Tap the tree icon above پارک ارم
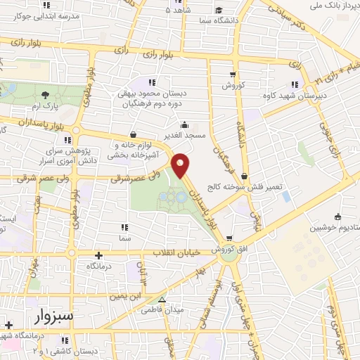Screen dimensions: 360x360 pyautogui.click(x=45, y=94)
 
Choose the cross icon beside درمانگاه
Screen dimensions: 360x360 pyautogui.click(x=98, y=255)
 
